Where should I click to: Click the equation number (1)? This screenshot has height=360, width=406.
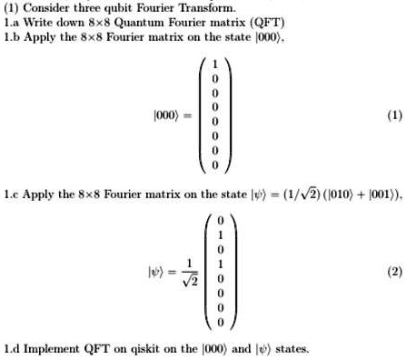point(392,115)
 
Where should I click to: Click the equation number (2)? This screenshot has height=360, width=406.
point(392,270)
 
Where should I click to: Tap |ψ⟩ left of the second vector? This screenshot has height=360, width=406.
point(163,270)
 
